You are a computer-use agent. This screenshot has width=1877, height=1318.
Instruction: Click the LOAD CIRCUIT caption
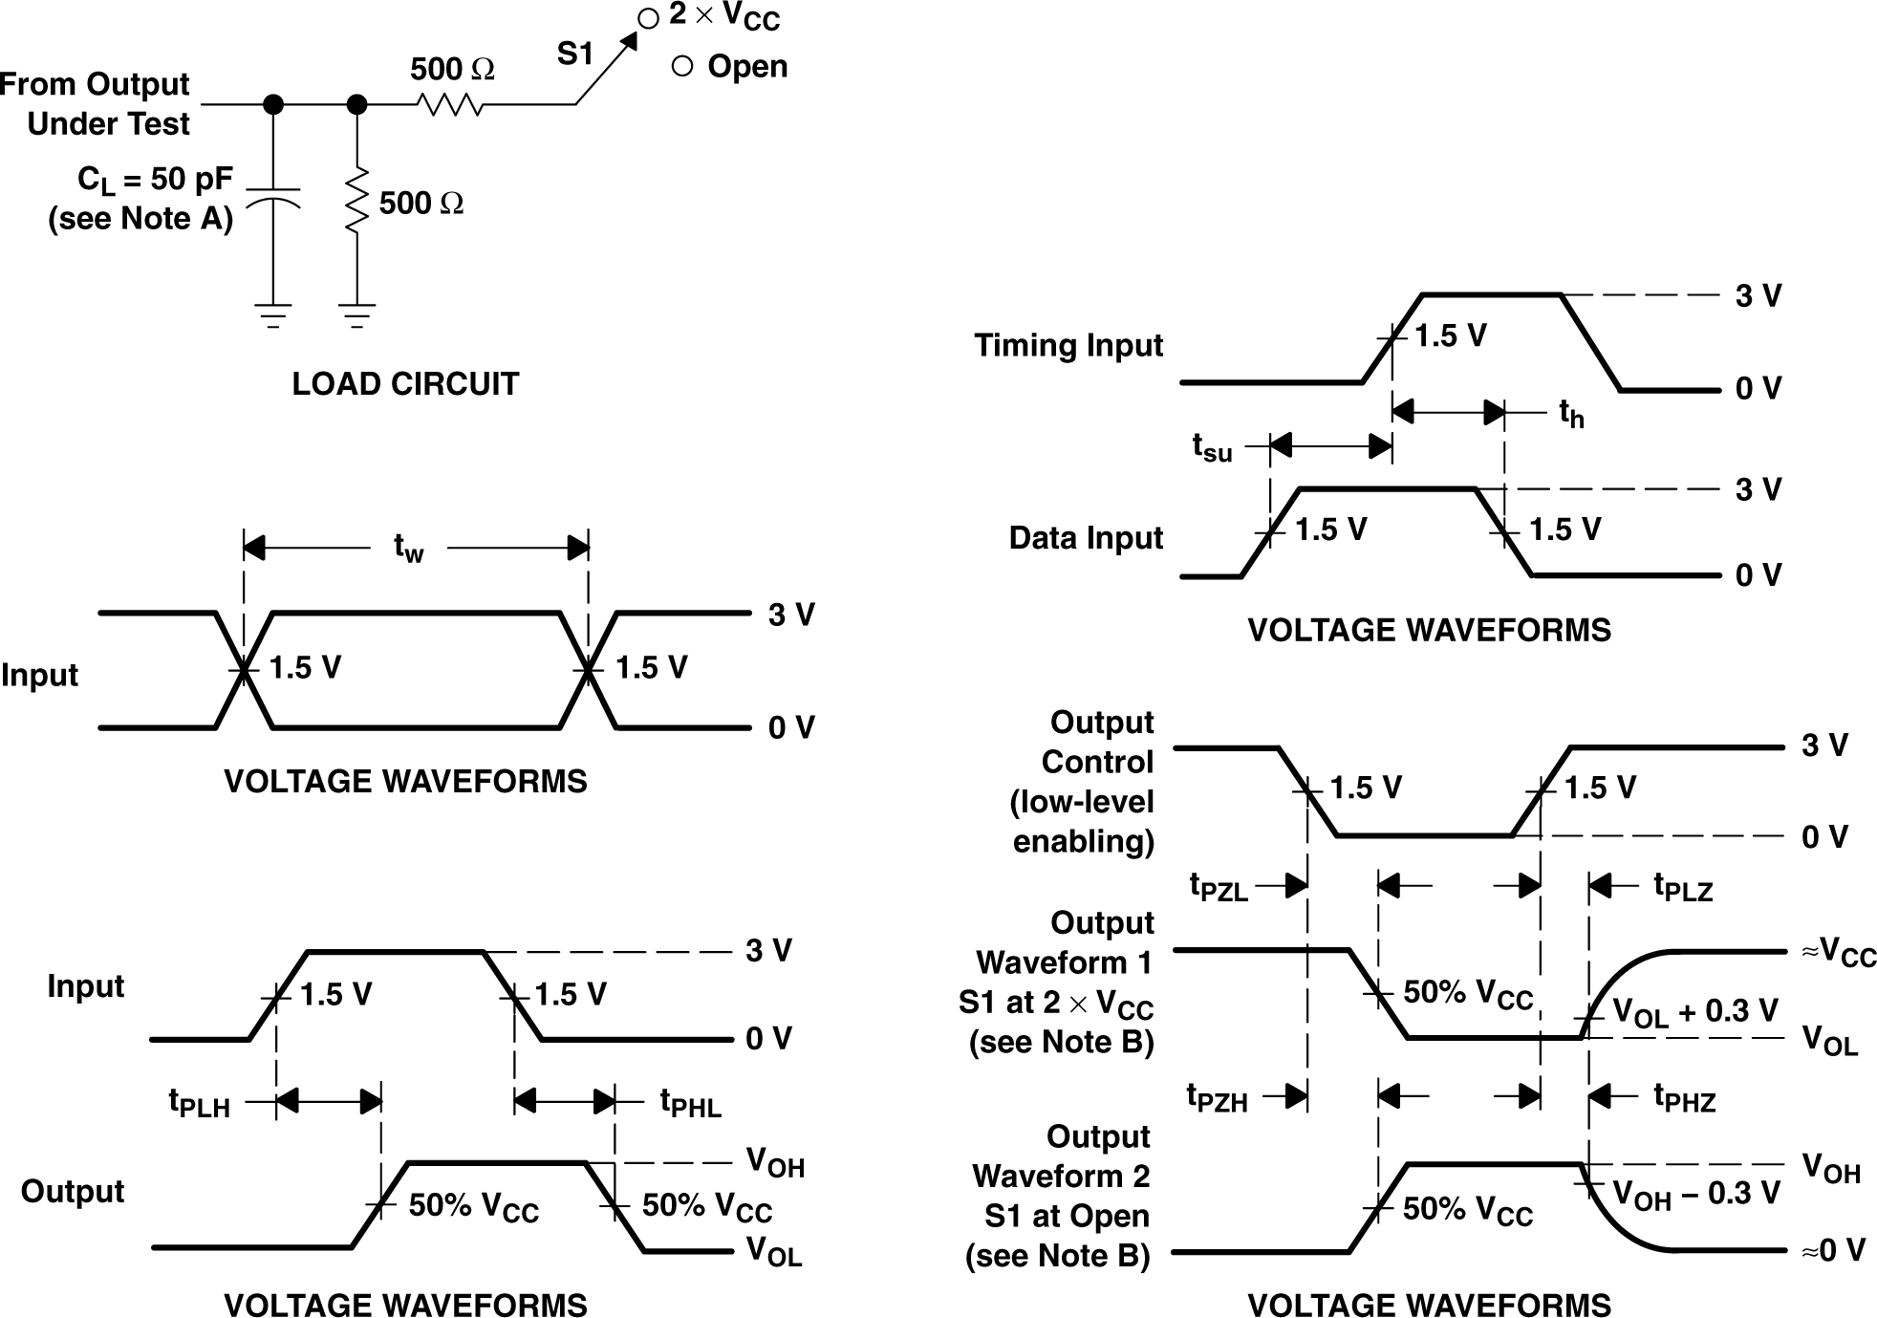click(x=405, y=383)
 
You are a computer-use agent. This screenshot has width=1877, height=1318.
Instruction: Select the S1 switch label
click(x=576, y=54)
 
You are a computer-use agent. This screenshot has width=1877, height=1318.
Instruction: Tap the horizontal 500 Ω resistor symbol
click(x=450, y=104)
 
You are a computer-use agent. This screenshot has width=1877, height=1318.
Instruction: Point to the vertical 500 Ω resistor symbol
click(x=356, y=200)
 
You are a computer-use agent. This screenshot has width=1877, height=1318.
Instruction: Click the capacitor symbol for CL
click(x=273, y=197)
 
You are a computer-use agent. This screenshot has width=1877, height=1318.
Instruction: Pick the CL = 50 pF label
click(x=155, y=180)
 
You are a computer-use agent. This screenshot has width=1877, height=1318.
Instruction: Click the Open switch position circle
click(x=682, y=66)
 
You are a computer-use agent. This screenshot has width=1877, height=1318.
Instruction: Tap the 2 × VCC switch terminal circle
click(x=648, y=18)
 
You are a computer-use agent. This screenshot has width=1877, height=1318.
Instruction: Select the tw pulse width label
click(x=408, y=549)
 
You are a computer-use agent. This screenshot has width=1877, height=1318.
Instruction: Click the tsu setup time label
click(x=1212, y=447)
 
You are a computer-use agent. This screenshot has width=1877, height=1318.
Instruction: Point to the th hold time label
click(x=1571, y=414)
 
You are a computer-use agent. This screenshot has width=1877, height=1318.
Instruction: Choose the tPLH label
click(x=200, y=1103)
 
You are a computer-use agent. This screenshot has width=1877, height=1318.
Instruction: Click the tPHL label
click(x=690, y=1103)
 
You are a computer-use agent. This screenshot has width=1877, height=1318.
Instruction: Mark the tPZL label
click(x=1219, y=887)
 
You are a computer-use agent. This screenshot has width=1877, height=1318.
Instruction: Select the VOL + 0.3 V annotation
click(x=1694, y=1012)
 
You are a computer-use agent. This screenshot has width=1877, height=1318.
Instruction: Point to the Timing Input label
click(x=1068, y=345)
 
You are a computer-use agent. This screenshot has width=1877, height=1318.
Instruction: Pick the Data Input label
click(x=1086, y=538)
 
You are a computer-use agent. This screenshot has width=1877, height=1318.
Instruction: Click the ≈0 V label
click(x=1832, y=1250)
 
